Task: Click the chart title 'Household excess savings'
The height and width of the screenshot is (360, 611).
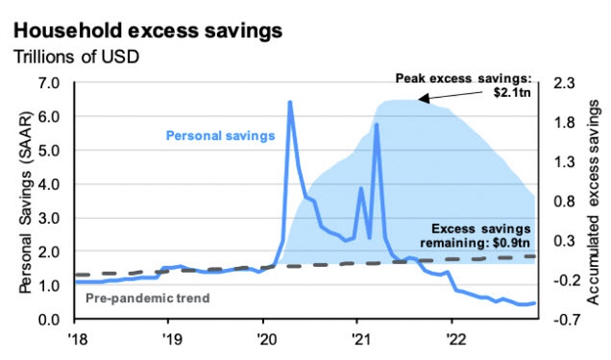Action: coord(147,31)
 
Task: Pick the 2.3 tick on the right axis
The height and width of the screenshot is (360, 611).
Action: coord(566,84)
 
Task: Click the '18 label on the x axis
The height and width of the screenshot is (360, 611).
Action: coord(75,337)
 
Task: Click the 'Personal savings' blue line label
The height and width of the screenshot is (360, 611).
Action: coord(220,135)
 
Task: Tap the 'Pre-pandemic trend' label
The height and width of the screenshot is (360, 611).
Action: coord(147,297)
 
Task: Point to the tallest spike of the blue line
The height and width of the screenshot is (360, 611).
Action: coord(290,103)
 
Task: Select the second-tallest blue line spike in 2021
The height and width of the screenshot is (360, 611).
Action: coord(375,125)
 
